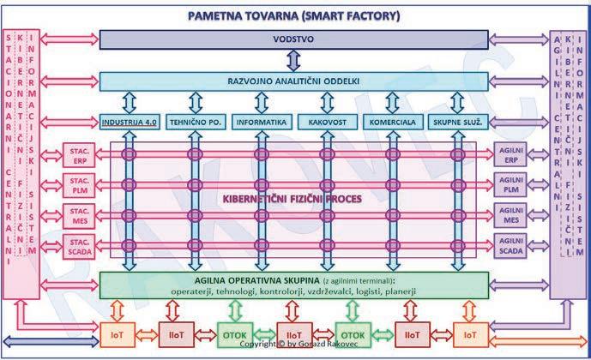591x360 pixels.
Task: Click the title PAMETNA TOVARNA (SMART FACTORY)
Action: (x=294, y=15)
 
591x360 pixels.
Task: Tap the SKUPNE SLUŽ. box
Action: (x=455, y=122)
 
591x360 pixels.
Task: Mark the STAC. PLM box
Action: (x=78, y=184)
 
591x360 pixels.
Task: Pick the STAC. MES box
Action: (x=78, y=215)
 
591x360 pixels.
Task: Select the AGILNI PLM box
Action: (x=512, y=184)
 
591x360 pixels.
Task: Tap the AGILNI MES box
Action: (x=512, y=215)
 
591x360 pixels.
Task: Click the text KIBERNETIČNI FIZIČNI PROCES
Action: (x=293, y=200)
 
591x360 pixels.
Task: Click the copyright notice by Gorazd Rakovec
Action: (x=294, y=344)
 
